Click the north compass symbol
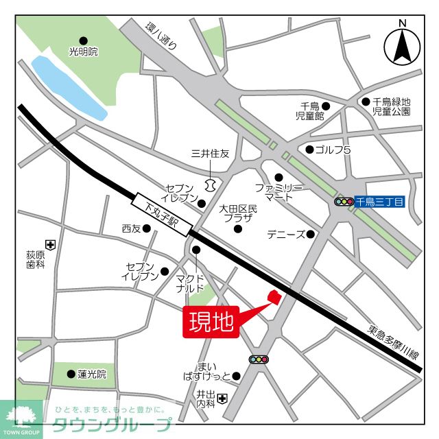pos(403,44)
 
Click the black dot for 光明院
pos(84,40)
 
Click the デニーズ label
pos(286,235)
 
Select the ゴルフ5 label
pos(333,150)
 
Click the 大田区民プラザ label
pos(237,213)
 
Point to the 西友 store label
pos(130,228)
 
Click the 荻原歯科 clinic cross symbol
pos(49,244)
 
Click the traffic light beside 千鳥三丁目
pos(343,202)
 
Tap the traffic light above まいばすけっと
pos(259,359)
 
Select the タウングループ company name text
pos(113,424)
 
